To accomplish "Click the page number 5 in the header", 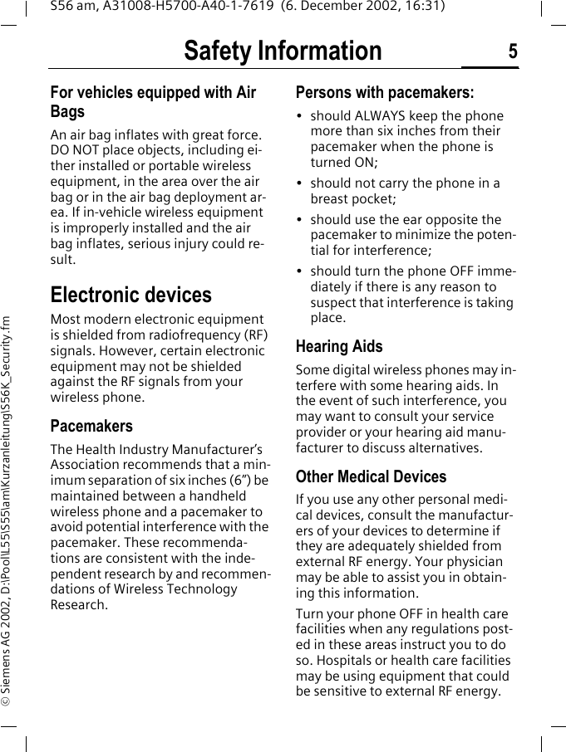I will (x=512, y=51).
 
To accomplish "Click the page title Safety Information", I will (x=283, y=51).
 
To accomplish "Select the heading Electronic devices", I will (x=131, y=295).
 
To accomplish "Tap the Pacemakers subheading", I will (x=91, y=426).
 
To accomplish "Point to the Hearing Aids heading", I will (x=339, y=346).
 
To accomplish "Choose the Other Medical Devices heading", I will (x=371, y=476).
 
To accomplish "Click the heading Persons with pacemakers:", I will (x=385, y=92).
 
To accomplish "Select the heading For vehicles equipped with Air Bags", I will (x=153, y=101).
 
